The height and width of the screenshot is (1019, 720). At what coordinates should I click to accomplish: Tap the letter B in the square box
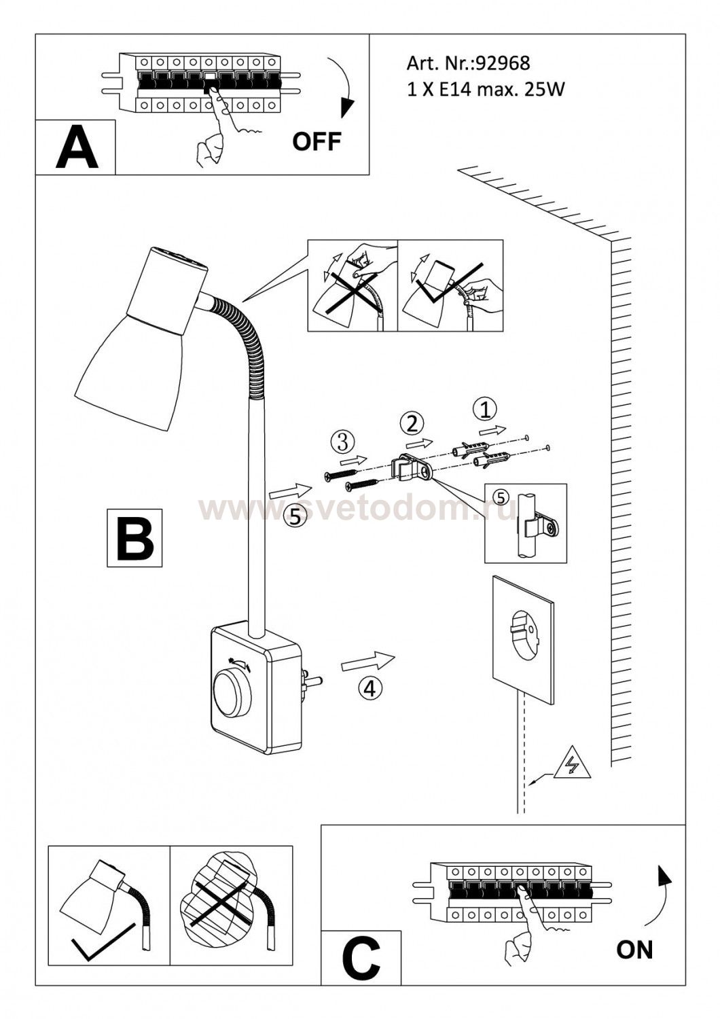[135, 538]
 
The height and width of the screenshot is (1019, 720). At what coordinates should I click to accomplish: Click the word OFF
[317, 141]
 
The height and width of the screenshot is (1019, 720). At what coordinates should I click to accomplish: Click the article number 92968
[502, 63]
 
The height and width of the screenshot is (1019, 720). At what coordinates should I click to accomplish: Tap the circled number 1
[485, 410]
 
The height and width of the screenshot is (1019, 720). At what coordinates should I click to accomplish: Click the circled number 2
[412, 424]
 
